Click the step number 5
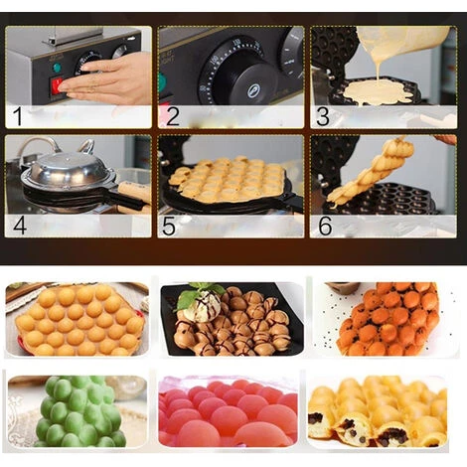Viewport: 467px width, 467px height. pyautogui.click(x=170, y=225)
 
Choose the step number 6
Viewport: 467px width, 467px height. pyautogui.click(x=323, y=225)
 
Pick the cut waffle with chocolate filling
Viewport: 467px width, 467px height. pyautogui.click(x=378, y=417)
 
